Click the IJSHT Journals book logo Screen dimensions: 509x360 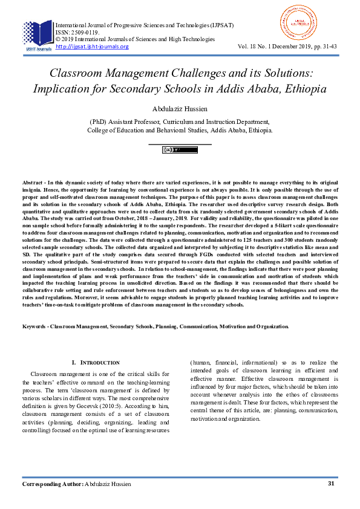(38, 34)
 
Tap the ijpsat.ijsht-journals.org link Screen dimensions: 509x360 (92, 47)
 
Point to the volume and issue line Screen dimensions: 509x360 (287, 47)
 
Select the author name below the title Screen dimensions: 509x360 (180, 109)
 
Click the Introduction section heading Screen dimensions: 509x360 (96, 362)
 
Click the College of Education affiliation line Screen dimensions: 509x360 (180, 129)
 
